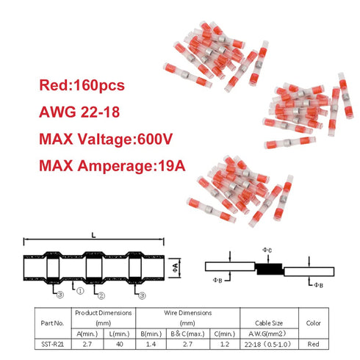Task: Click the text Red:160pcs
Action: [x=82, y=85]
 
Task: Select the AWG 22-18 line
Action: [x=79, y=112]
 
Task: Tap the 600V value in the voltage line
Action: [x=155, y=139]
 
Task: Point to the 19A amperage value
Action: [x=172, y=165]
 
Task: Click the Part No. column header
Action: [x=52, y=323]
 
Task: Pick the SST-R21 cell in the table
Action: [x=53, y=344]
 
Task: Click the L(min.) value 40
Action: [x=120, y=344]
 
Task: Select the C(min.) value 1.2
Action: [x=225, y=344]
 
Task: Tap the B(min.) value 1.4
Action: [x=151, y=344]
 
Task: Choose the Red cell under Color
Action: [x=313, y=344]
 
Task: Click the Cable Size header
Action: [x=269, y=323]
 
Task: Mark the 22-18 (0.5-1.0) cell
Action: [x=267, y=345]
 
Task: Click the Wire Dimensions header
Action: [x=188, y=313]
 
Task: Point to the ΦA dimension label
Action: [x=176, y=267]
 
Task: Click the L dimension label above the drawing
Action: [x=93, y=236]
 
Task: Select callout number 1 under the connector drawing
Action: [x=80, y=291]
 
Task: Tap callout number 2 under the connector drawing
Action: [x=101, y=296]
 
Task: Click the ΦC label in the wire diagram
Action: [x=267, y=250]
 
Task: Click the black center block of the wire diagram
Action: [x=269, y=269]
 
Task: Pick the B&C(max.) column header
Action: [x=188, y=334]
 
